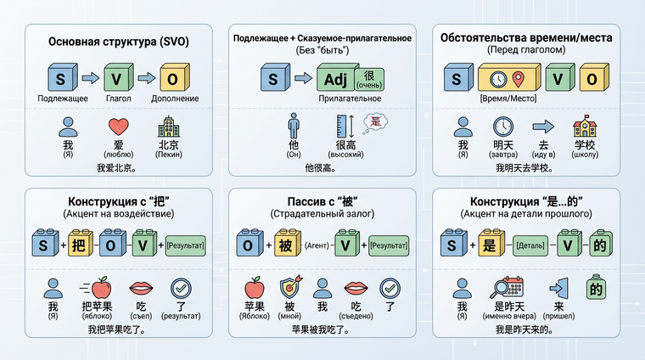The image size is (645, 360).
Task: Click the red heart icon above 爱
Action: [117, 128]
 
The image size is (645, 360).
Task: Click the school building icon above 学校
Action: [584, 128]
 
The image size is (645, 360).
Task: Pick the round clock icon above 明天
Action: [502, 128]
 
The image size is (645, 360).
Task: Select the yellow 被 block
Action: [285, 245]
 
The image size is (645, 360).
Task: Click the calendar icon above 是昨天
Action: [511, 288]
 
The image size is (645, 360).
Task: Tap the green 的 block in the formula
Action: [600, 245]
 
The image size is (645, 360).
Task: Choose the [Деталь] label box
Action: [529, 246]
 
